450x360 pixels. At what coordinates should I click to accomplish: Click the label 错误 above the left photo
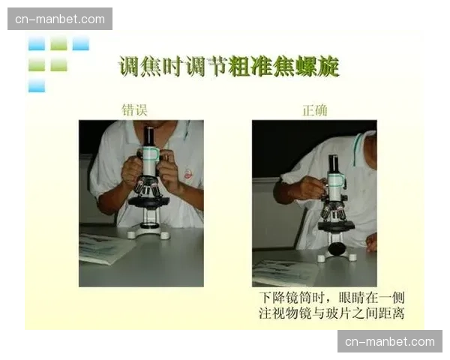(x=135, y=109)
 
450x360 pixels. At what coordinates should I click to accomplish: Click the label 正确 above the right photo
(x=314, y=109)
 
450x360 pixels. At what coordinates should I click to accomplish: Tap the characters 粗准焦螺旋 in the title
(x=284, y=67)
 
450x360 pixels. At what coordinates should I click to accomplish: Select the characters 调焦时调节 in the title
(x=173, y=67)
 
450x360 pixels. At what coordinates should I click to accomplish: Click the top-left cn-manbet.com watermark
(x=60, y=19)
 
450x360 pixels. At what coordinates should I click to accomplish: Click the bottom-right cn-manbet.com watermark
(x=389, y=341)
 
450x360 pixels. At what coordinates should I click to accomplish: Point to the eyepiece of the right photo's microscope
(x=333, y=163)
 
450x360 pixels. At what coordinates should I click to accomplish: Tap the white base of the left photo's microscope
(x=148, y=233)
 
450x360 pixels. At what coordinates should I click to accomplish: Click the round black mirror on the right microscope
(x=337, y=247)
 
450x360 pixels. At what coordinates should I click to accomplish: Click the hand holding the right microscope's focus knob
(x=309, y=188)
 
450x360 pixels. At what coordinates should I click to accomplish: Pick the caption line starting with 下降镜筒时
(x=331, y=298)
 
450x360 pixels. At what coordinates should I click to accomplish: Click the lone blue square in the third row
(x=36, y=85)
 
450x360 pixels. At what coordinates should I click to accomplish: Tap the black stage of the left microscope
(x=148, y=201)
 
